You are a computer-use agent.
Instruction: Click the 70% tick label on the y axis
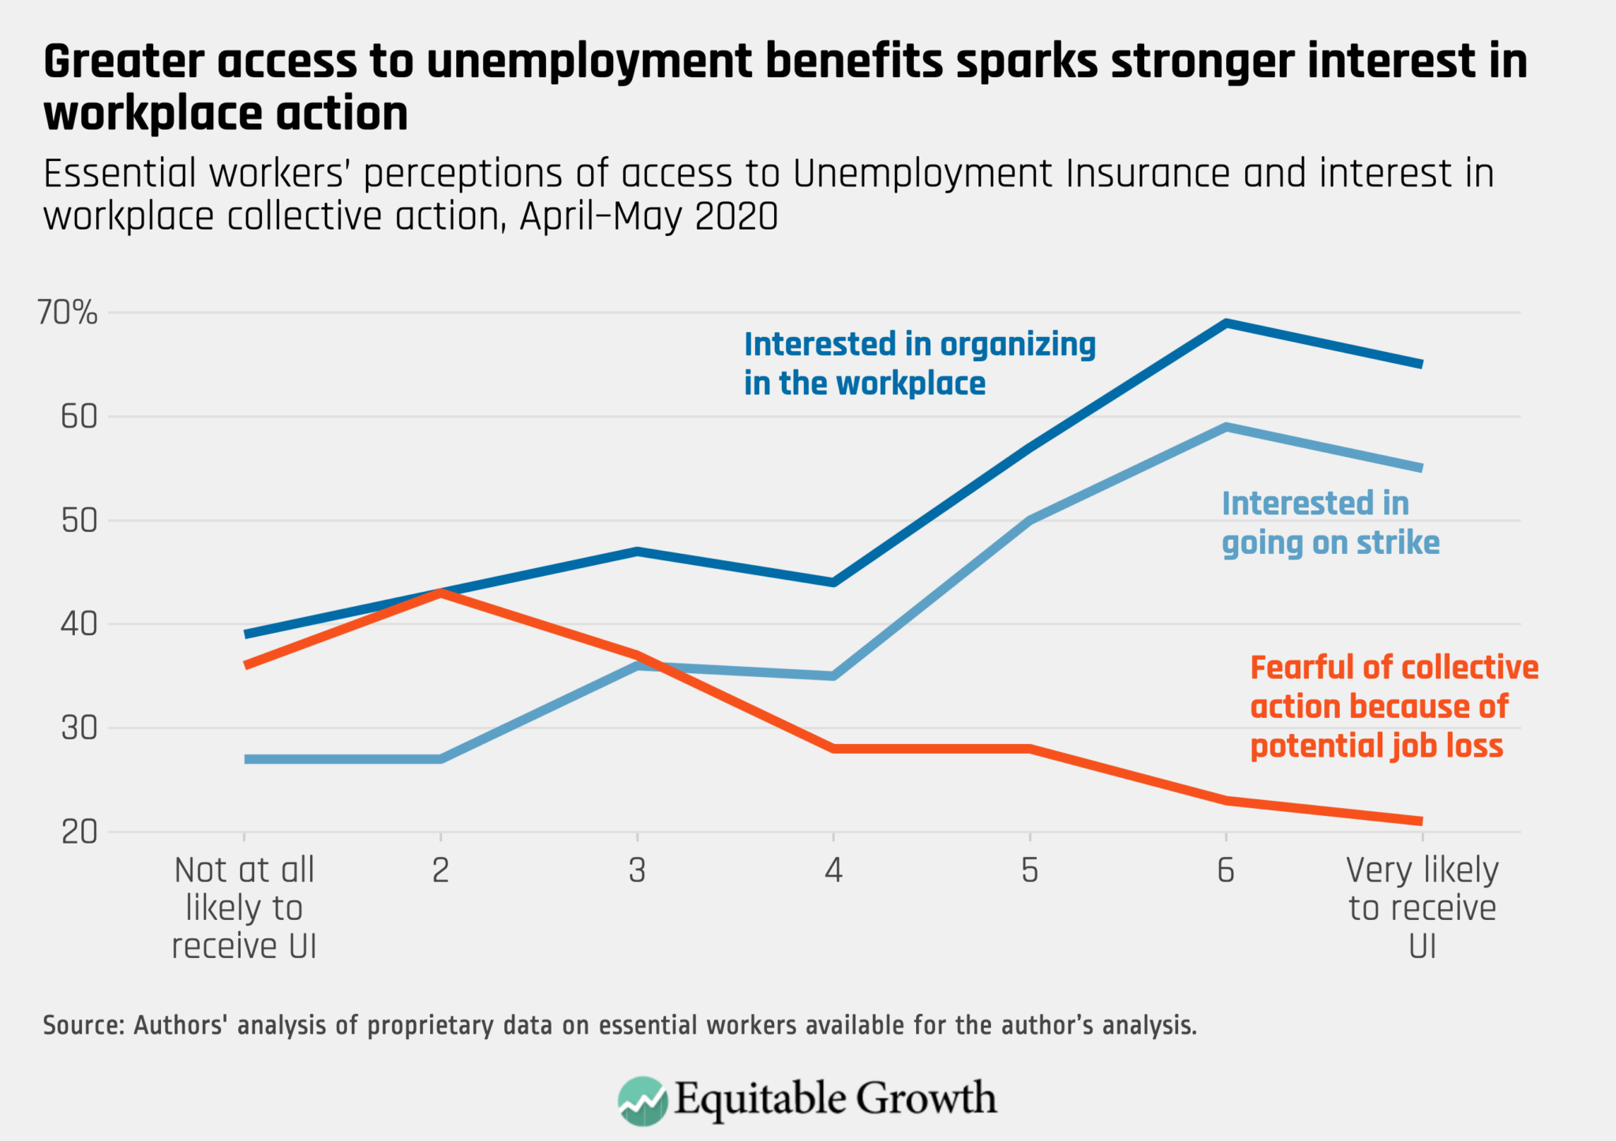click(x=67, y=313)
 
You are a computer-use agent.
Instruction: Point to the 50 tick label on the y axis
click(x=79, y=521)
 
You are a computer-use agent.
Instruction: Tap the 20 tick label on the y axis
click(x=79, y=832)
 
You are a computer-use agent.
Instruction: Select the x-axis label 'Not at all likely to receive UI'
click(x=244, y=907)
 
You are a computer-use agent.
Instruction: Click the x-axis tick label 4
click(x=833, y=870)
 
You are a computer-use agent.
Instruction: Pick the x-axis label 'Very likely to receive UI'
click(x=1422, y=907)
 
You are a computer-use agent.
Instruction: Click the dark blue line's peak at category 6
click(x=1226, y=323)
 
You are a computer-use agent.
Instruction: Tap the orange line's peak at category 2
click(x=440, y=593)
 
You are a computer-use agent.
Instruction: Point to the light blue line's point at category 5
click(x=1030, y=521)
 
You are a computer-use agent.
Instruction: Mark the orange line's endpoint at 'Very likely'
click(x=1420, y=821)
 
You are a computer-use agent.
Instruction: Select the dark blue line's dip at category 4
click(x=833, y=582)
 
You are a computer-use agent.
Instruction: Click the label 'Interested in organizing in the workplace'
click(x=919, y=364)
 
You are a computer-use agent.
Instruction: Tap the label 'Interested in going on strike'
click(x=1330, y=522)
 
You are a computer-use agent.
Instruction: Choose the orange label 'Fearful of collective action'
click(x=1393, y=706)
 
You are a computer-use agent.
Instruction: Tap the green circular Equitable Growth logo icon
click(x=642, y=1100)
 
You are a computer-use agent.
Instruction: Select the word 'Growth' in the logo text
click(x=926, y=1098)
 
